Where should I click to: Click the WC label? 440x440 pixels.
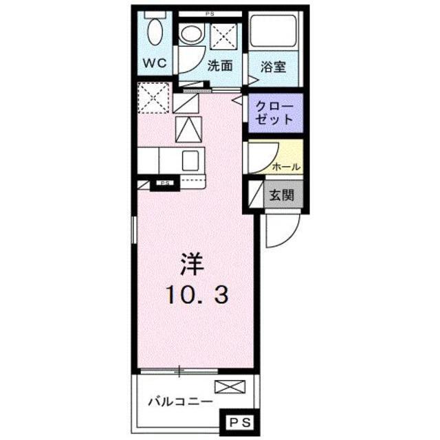tap(155, 63)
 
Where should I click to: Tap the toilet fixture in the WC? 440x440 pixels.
tap(155, 32)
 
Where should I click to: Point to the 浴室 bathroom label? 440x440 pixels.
tap(273, 67)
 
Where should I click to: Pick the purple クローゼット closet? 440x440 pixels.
tap(274, 112)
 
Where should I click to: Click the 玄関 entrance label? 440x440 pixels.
tap(281, 195)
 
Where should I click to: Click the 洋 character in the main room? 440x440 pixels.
tap(194, 263)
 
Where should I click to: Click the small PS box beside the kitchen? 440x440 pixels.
tap(165, 184)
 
